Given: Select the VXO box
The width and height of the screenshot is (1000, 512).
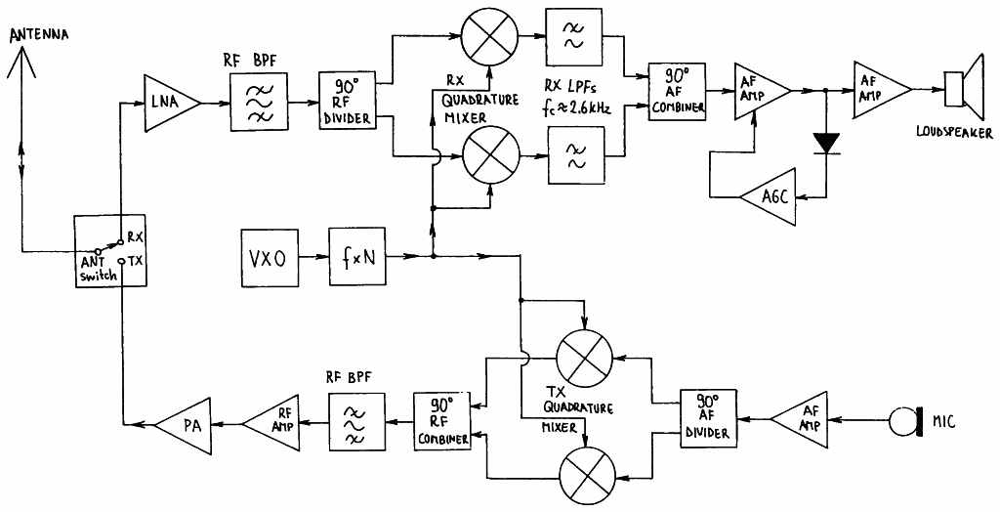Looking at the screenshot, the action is [271, 257].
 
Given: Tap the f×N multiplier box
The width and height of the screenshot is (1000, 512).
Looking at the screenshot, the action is [357, 257].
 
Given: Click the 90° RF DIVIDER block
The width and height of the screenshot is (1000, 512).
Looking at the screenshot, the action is [347, 102].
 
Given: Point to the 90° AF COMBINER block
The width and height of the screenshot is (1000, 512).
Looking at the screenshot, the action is [677, 91].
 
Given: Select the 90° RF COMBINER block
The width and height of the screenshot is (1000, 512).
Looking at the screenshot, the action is [441, 422].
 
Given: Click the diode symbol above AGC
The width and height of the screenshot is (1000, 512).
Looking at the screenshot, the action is [826, 144].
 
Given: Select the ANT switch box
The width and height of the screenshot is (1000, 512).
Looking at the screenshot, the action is [109, 251].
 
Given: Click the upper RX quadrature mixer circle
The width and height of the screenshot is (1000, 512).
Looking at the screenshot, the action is [489, 36].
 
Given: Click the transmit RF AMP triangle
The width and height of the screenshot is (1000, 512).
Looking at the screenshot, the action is [271, 423].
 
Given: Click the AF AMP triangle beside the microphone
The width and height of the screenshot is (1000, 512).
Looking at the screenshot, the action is [800, 420].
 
